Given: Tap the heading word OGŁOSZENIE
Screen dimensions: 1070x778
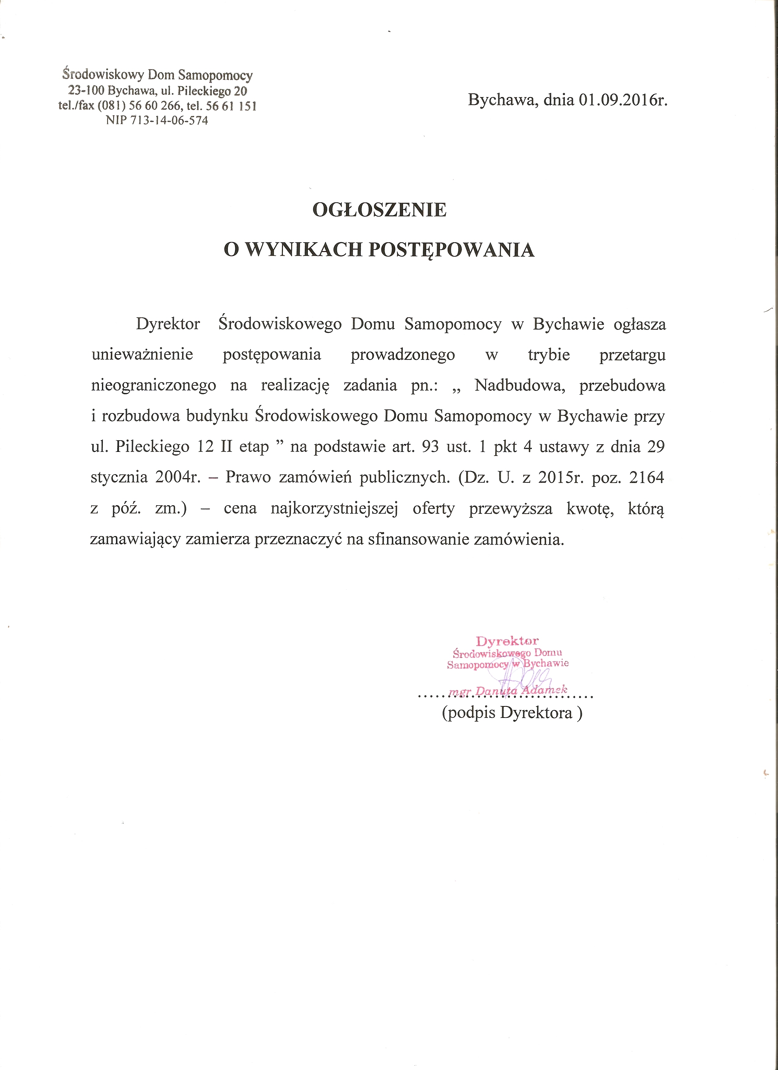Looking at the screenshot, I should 379,210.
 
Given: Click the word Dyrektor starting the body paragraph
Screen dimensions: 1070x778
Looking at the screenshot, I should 168,325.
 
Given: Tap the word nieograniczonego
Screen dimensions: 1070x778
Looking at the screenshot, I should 154,385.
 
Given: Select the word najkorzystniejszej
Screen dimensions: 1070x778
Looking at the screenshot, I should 335,509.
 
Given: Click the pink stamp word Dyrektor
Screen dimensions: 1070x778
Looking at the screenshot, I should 507,641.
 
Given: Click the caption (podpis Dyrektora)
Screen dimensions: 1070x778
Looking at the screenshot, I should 512,712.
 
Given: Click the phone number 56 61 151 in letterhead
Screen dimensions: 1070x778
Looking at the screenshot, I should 231,106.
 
